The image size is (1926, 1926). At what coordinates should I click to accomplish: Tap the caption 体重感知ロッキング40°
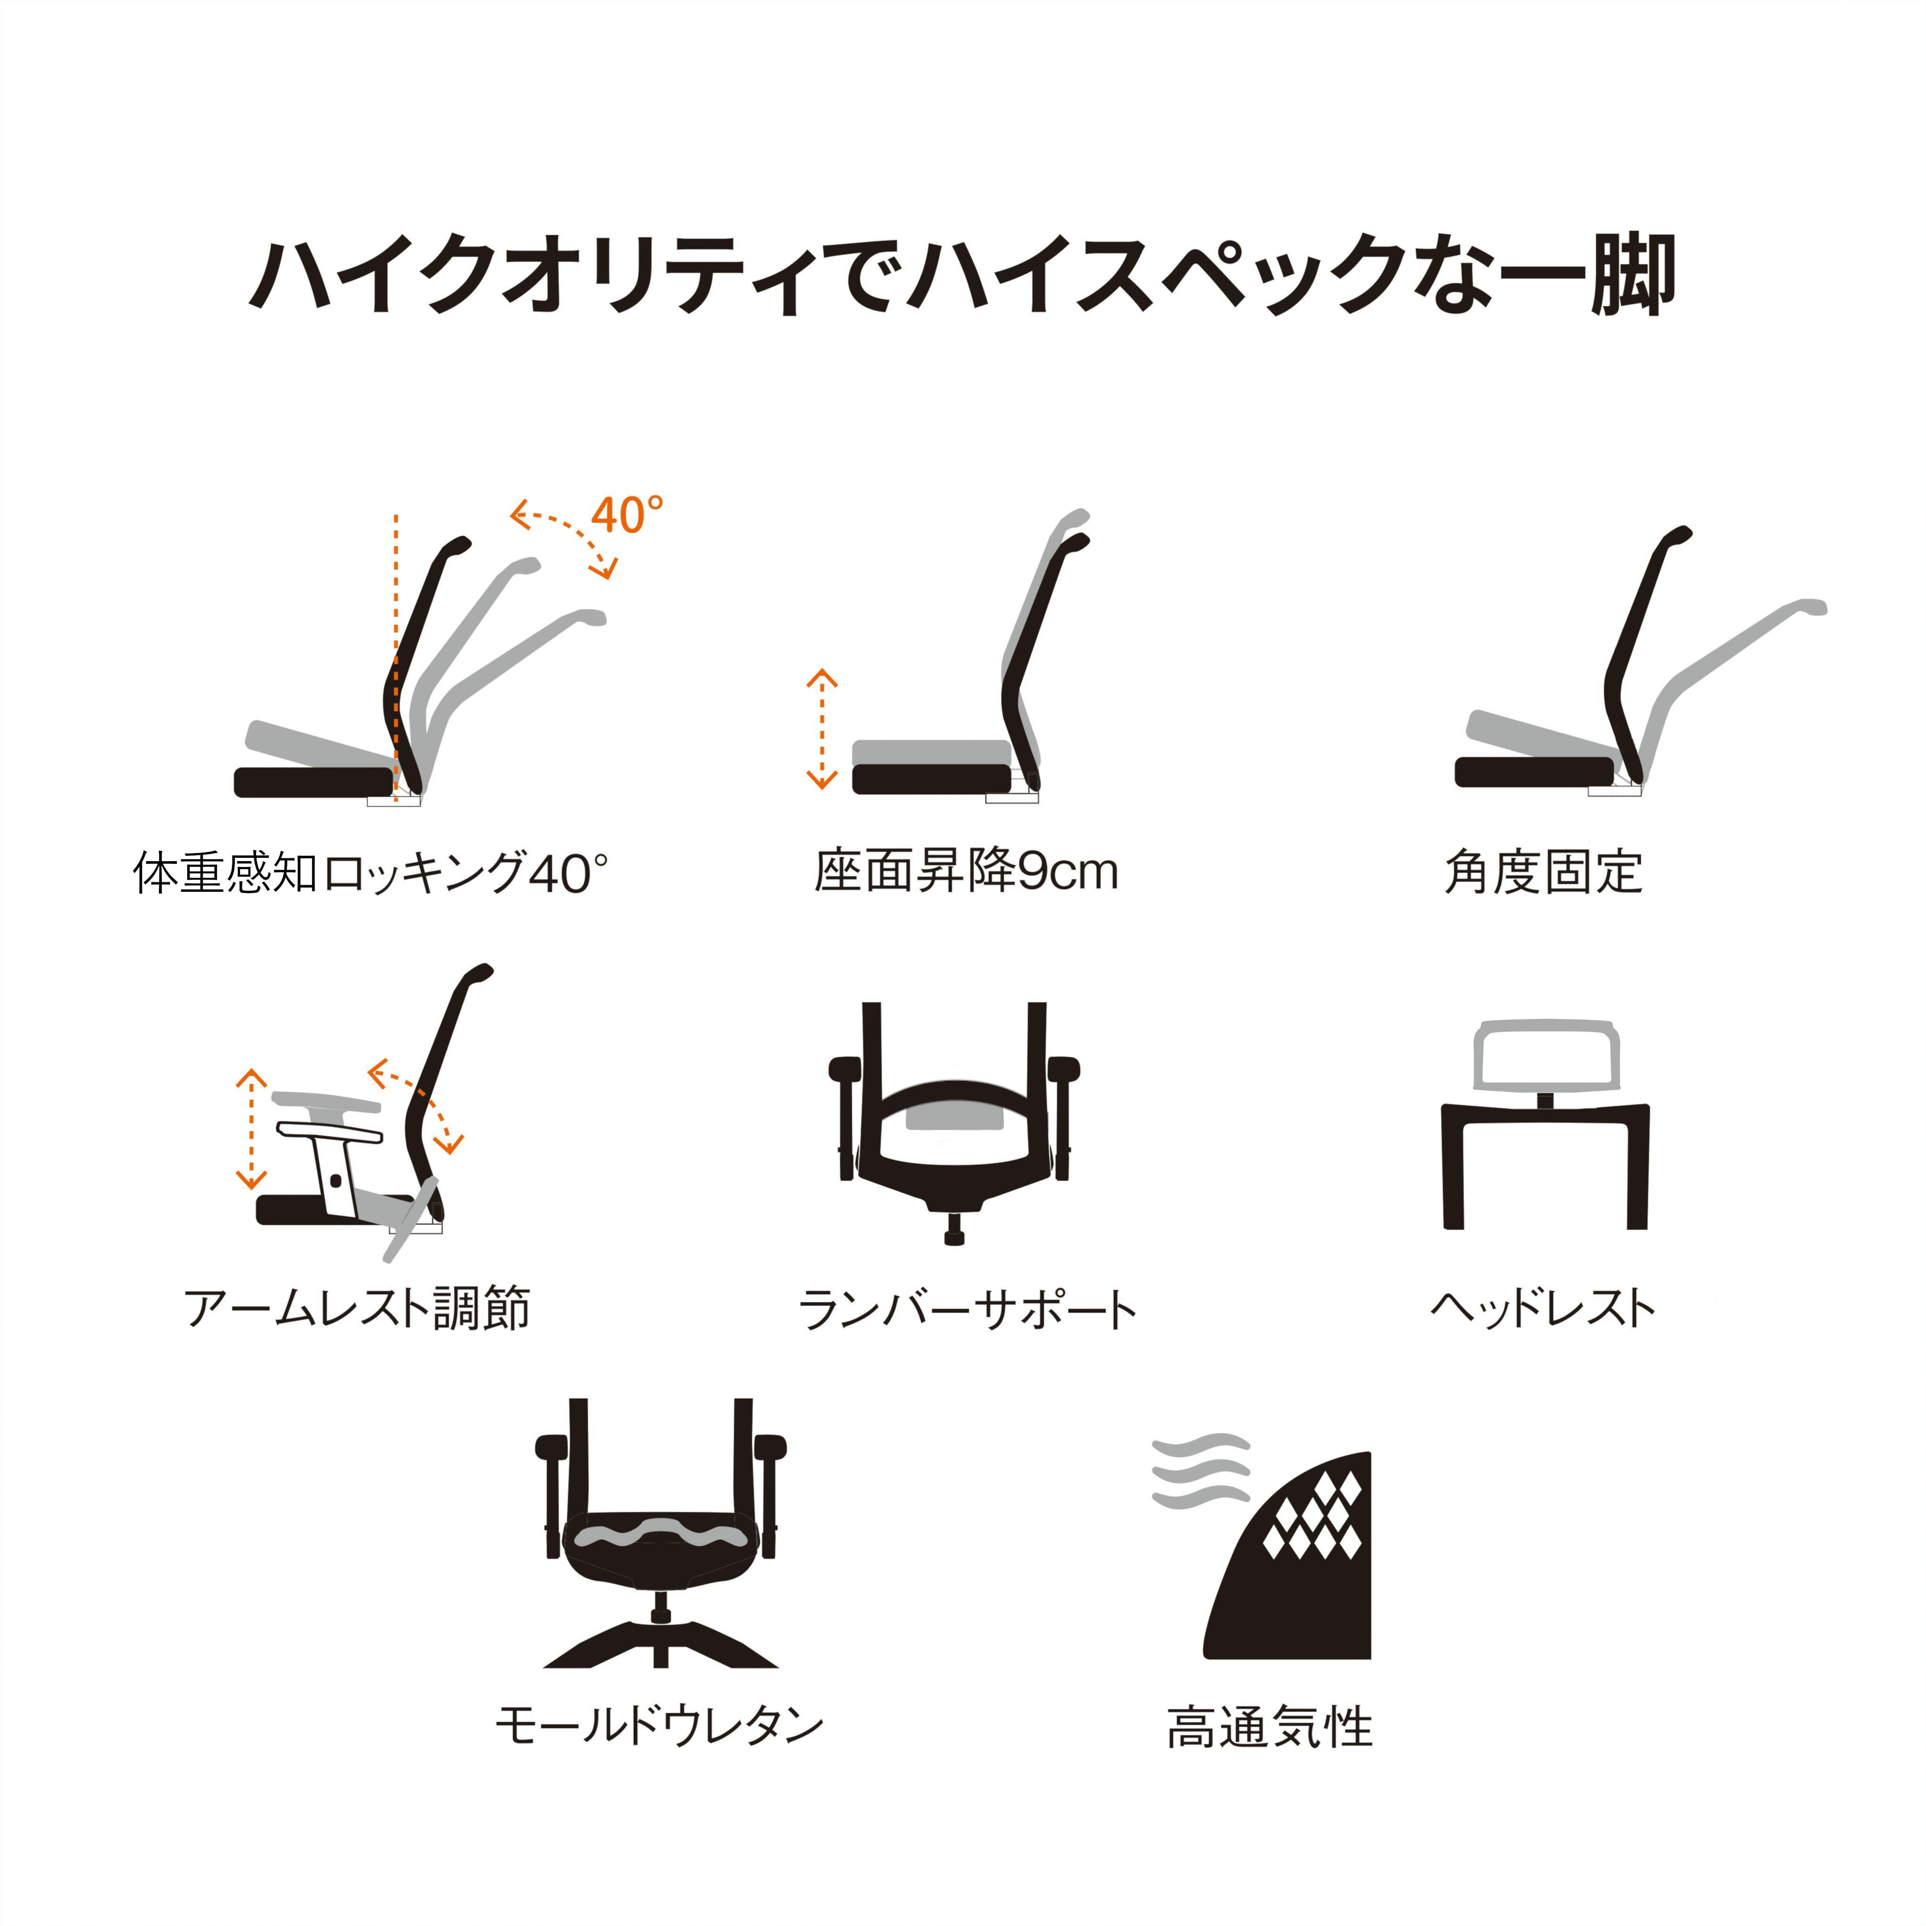click(370, 872)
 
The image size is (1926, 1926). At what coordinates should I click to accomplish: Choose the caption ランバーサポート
click(967, 1309)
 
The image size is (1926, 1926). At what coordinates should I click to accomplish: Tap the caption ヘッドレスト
click(1543, 1308)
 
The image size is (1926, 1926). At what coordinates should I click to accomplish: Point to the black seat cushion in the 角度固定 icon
click(1533, 772)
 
